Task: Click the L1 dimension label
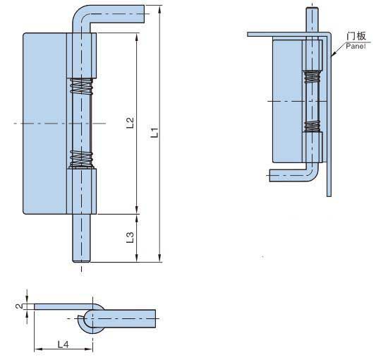[x=154, y=132]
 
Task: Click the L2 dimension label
[x=130, y=123]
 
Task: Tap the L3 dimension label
[x=130, y=237]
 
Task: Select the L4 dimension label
[x=63, y=344]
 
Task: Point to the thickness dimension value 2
[x=19, y=306]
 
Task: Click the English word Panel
[x=356, y=46]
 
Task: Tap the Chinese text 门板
[x=356, y=36]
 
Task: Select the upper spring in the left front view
[x=81, y=86]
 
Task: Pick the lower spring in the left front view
[x=81, y=158]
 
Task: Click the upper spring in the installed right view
[x=312, y=76]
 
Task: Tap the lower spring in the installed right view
[x=312, y=126]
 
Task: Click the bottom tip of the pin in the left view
[x=81, y=261]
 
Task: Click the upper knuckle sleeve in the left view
[x=81, y=56]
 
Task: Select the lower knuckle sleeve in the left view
[x=81, y=191]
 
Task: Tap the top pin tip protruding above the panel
[x=312, y=19]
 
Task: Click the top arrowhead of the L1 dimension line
[x=160, y=9]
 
